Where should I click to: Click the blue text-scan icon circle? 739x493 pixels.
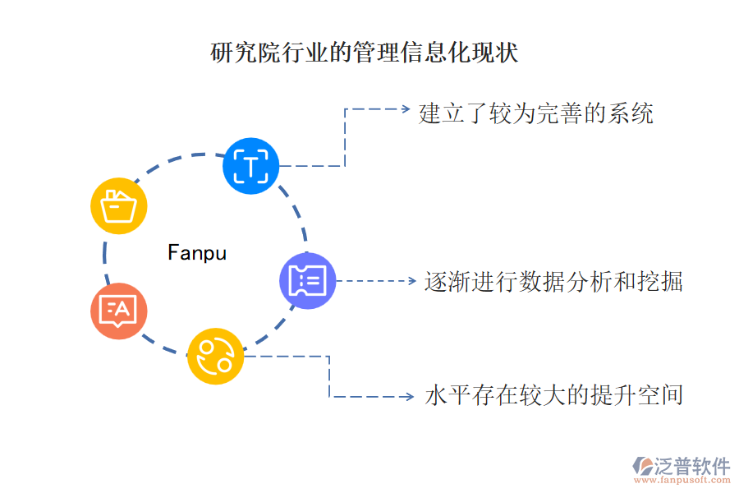pos(251,166)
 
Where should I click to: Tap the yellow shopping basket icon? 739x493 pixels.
pos(118,205)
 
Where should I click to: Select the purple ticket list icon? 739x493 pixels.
pos(308,281)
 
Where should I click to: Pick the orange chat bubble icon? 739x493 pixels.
pos(119,311)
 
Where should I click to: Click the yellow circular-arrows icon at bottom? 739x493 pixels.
pos(215,356)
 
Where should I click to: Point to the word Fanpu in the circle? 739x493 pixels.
pos(197,252)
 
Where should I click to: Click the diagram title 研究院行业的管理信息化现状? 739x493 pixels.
pos(365,53)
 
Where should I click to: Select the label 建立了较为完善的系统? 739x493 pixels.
pos(536,113)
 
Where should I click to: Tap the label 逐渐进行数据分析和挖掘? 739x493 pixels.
pos(553,282)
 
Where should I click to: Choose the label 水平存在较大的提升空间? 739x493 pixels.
pos(553,395)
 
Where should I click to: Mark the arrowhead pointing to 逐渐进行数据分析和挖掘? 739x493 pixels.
pos(413,281)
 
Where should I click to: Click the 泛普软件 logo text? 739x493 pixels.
pos(691,466)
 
